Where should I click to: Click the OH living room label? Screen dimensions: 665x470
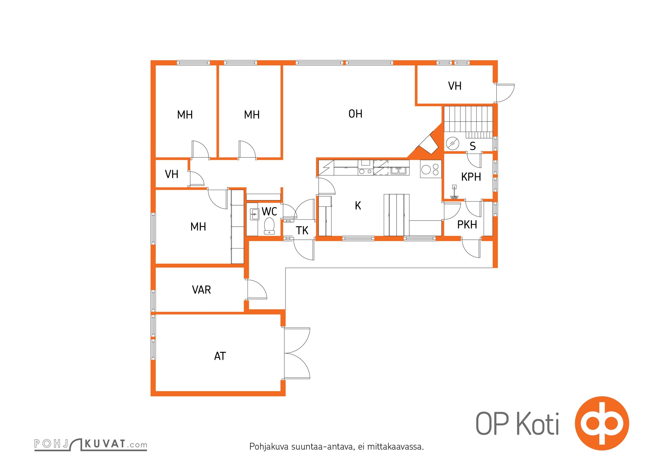[355, 114]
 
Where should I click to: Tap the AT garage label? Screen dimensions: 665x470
[220, 356]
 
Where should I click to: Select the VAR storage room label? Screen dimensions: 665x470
[201, 290]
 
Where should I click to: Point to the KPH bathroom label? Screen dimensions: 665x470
[471, 177]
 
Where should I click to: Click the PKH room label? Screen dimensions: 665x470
[467, 224]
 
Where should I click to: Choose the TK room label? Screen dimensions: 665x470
[302, 231]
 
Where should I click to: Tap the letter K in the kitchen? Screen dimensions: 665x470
[358, 206]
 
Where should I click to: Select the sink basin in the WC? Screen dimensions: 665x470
[254, 214]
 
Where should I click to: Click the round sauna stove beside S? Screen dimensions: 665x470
[452, 143]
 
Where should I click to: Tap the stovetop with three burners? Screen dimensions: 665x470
[431, 169]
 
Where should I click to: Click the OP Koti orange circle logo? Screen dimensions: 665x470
[602, 423]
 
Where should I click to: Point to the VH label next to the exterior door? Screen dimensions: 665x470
[455, 86]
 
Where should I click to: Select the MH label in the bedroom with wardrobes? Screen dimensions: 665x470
[198, 226]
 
